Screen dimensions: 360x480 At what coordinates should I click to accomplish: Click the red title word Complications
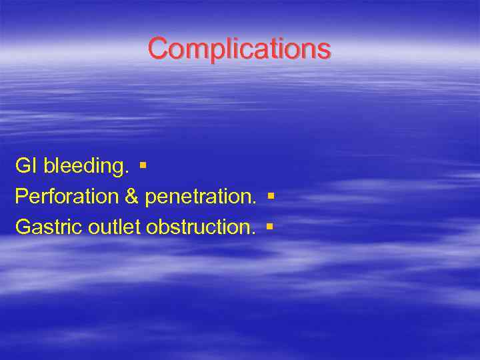pos(239,49)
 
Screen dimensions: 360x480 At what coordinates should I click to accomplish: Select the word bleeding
pos(85,166)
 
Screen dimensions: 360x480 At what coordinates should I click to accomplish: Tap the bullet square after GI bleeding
pos(143,163)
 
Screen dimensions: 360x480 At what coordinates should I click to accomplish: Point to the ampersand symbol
pos(131,197)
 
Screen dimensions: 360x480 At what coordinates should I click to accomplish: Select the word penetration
pos(199,197)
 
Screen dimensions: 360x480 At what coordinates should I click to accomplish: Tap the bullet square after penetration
pos(270,195)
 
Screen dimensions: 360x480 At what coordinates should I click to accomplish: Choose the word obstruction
pos(199,227)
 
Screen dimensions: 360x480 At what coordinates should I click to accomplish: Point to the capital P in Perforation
pos(21,197)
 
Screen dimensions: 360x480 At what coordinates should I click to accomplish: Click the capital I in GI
pos(34,166)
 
